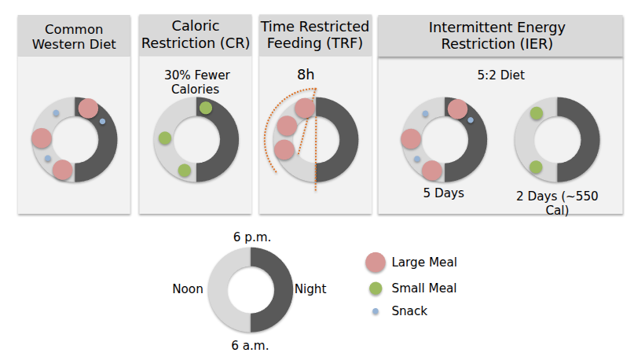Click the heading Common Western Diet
point(75,36)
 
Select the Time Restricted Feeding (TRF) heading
point(316,36)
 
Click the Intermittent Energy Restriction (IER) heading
point(497,36)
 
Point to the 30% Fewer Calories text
point(192,82)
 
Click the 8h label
point(305,75)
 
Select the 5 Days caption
point(442,193)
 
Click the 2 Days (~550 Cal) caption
point(556,203)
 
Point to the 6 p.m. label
point(251,237)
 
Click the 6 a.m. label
point(251,344)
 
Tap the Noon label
point(188,289)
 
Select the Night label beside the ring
point(310,289)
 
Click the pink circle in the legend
point(375,263)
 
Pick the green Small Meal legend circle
point(375,288)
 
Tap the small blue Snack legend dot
point(375,311)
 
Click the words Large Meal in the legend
point(424,263)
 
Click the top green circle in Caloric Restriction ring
point(205,108)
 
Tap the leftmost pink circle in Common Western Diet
point(42,138)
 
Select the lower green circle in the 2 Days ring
point(536,167)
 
